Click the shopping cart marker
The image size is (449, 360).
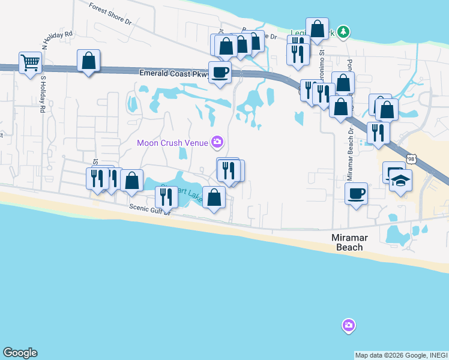tap(30, 62)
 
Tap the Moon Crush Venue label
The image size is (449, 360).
tap(172, 143)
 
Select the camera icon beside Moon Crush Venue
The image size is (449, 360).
tap(217, 142)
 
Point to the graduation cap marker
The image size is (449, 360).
tap(400, 180)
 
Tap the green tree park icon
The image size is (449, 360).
tap(343, 31)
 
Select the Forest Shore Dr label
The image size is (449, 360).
tap(110, 14)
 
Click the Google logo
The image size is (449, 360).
tap(20, 353)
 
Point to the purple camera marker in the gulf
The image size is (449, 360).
tap(349, 326)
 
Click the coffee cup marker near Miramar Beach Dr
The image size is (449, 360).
tap(357, 194)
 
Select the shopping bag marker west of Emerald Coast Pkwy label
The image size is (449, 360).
tap(89, 61)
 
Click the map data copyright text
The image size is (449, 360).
tap(400, 355)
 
